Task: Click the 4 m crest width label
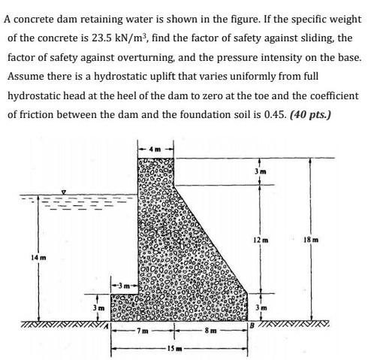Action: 155,147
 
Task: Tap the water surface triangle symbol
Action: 65,193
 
